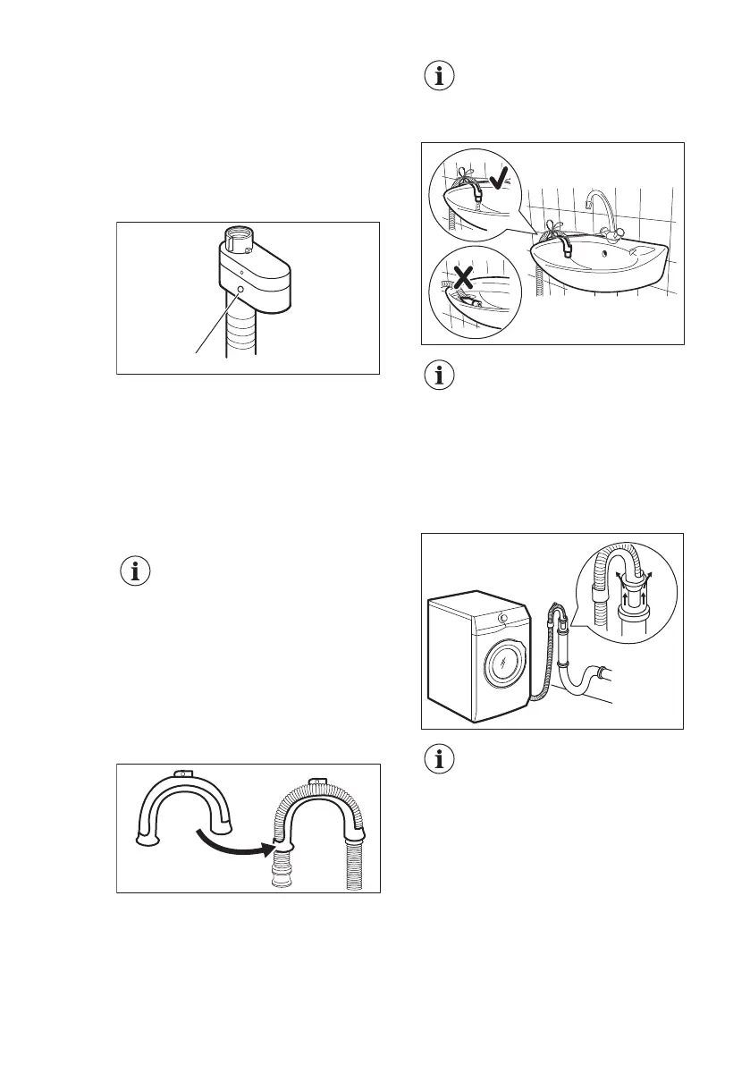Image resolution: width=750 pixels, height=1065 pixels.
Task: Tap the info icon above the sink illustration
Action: pyautogui.click(x=438, y=77)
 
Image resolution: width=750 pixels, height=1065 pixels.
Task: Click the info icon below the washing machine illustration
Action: pyautogui.click(x=438, y=762)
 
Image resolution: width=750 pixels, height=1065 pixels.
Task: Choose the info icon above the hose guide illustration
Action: pyautogui.click(x=136, y=571)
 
